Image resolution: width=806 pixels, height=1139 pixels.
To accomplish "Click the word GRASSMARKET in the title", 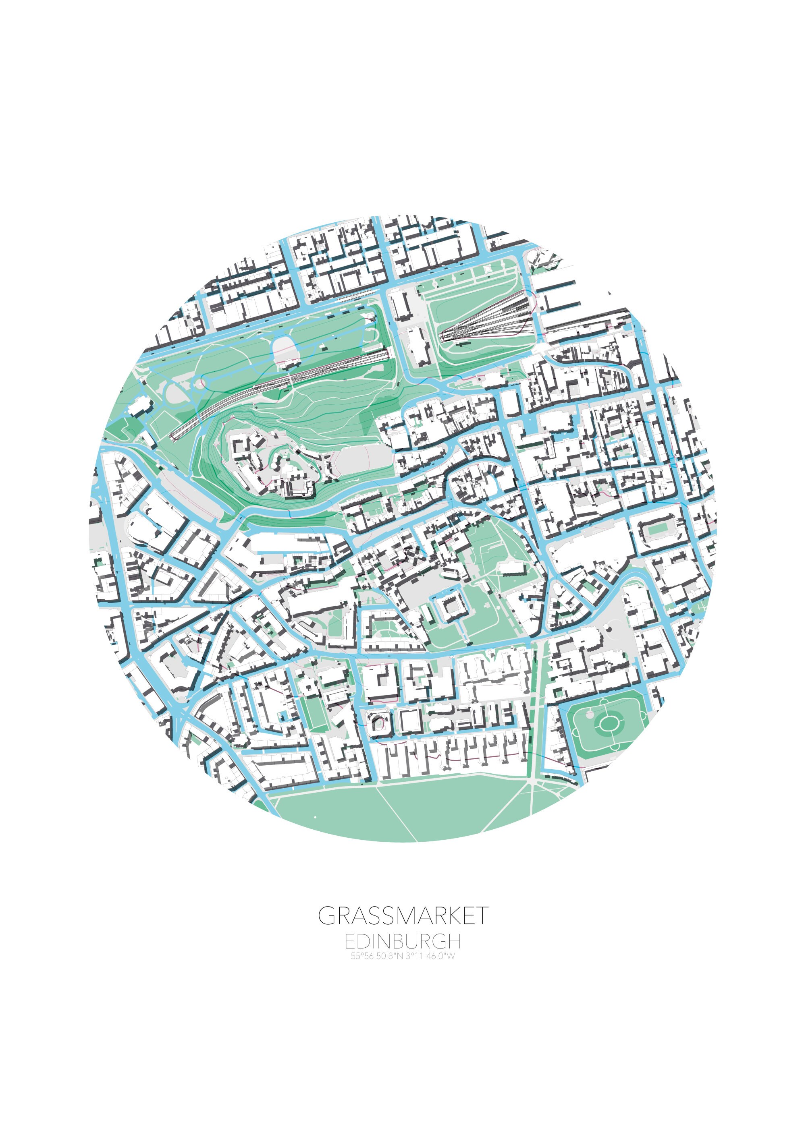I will click(x=403, y=916).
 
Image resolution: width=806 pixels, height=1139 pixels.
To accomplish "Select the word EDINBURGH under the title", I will click(x=403, y=941).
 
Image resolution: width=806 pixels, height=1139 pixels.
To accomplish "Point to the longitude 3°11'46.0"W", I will click(x=430, y=956).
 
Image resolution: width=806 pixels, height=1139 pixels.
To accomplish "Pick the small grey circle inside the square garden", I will click(x=589, y=715).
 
